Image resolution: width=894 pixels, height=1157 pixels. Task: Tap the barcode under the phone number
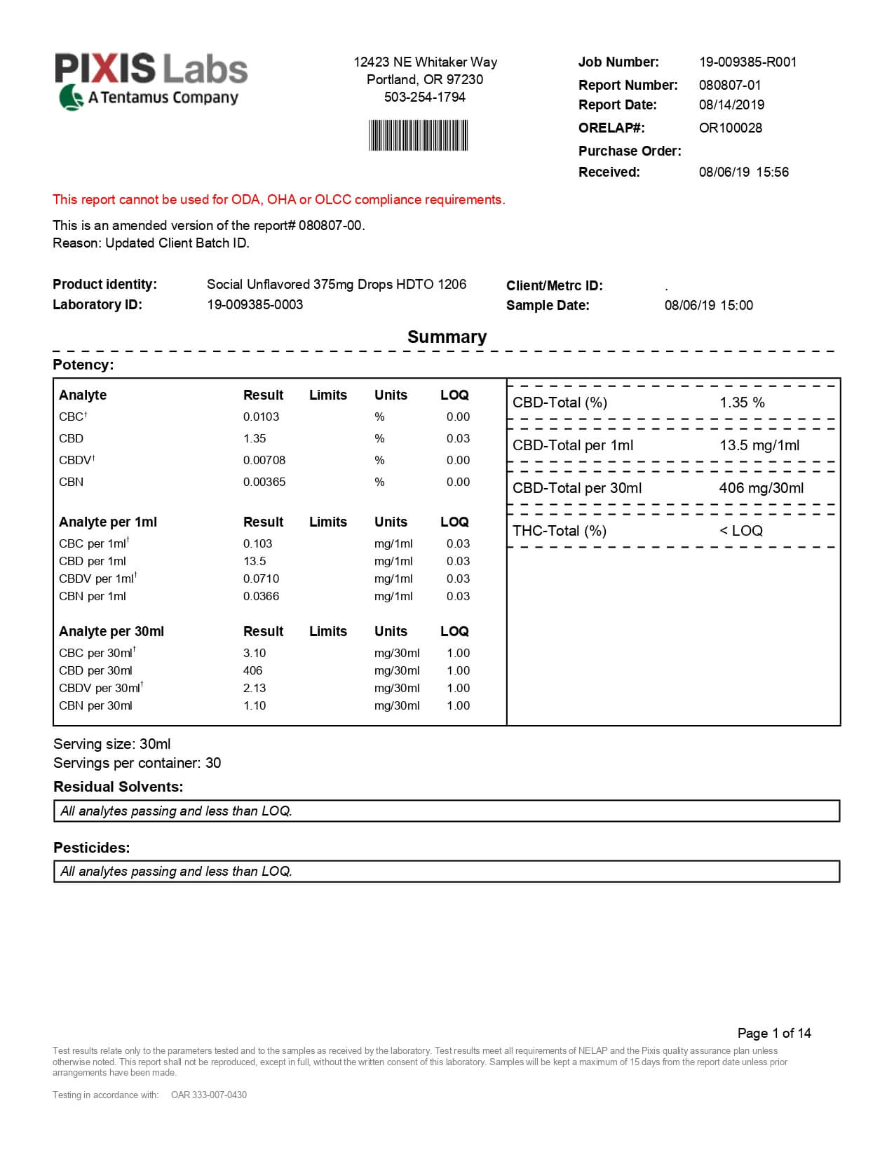pyautogui.click(x=418, y=135)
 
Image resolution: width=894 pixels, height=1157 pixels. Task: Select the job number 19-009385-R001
pyautogui.click(x=747, y=62)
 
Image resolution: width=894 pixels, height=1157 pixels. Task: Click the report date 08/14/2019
pyautogui.click(x=731, y=104)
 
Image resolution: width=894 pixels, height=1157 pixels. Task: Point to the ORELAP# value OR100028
pyautogui.click(x=730, y=128)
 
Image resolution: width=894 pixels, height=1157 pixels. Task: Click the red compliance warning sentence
pyautogui.click(x=278, y=199)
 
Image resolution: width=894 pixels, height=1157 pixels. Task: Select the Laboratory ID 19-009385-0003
pyautogui.click(x=255, y=304)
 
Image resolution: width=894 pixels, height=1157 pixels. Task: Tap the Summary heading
pyautogui.click(x=447, y=337)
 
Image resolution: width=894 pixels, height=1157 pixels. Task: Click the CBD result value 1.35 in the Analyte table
pyautogui.click(x=255, y=438)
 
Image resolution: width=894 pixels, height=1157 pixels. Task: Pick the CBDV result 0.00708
pyautogui.click(x=264, y=460)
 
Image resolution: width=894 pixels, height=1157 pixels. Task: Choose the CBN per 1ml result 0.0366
pyautogui.click(x=261, y=596)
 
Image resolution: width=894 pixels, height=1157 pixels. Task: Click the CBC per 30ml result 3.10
pyautogui.click(x=255, y=653)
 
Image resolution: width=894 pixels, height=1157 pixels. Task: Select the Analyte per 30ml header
pyautogui.click(x=111, y=631)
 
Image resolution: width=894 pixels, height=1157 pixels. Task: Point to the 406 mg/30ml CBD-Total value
pyautogui.click(x=761, y=488)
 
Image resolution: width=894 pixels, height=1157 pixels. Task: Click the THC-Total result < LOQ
pyautogui.click(x=740, y=531)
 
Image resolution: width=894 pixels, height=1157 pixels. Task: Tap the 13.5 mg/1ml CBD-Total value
pyautogui.click(x=759, y=445)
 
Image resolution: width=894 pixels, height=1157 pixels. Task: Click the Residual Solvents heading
pyautogui.click(x=118, y=787)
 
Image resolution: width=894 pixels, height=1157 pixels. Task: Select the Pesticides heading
pyautogui.click(x=92, y=848)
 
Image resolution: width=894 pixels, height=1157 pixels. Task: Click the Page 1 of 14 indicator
pyautogui.click(x=773, y=1033)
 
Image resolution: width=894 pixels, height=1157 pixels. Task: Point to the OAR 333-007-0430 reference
pyautogui.click(x=209, y=1095)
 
